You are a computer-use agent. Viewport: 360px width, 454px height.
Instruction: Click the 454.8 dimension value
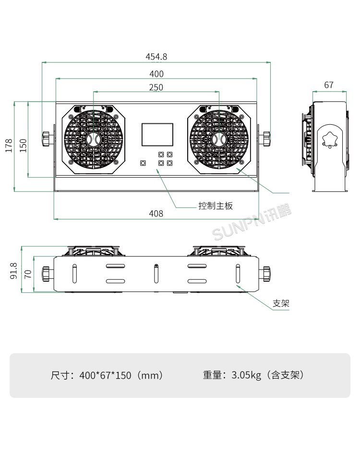point(156,57)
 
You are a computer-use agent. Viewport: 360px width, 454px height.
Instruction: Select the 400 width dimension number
point(156,74)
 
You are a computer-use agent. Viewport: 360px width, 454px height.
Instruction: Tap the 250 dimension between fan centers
point(156,87)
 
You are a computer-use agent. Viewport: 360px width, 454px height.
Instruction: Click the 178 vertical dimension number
point(9,145)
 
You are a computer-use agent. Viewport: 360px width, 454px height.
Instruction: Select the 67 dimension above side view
point(329,85)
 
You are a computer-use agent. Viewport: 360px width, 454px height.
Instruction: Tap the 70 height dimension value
point(28,274)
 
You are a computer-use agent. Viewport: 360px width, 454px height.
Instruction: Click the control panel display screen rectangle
point(157,134)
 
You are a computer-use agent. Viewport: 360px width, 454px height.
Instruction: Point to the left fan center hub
point(94,139)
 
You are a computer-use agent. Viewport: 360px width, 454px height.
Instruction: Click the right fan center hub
point(219,139)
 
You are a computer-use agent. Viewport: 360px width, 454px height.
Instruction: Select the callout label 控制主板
point(216,206)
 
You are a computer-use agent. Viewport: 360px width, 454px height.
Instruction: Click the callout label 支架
point(281,303)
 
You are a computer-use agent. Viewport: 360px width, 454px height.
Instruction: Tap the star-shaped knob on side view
point(330,139)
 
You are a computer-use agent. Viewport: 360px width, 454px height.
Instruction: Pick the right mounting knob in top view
point(265,274)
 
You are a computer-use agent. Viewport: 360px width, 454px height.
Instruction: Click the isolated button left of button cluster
point(143,163)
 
